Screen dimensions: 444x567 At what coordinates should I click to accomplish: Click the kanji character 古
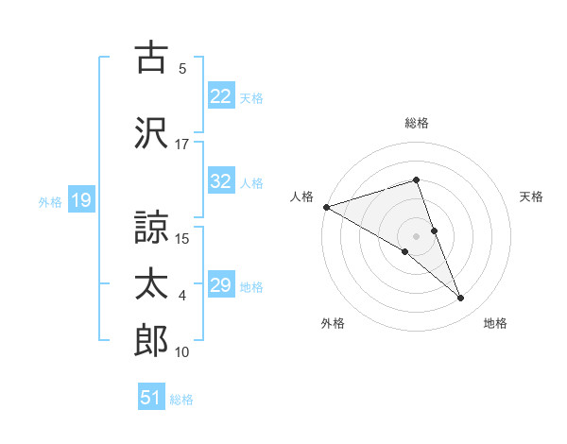[x=152, y=59]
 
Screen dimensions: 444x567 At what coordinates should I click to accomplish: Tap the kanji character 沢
[x=152, y=132]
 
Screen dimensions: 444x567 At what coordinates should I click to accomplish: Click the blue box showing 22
[x=220, y=96]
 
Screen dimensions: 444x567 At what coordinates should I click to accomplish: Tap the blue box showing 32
[x=220, y=182]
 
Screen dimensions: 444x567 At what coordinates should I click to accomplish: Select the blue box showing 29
[x=220, y=286]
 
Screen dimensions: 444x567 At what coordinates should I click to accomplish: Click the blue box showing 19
[x=80, y=200]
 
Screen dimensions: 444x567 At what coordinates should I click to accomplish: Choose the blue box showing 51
[x=151, y=399]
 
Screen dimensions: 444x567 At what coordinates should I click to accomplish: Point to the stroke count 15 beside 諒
[x=183, y=238]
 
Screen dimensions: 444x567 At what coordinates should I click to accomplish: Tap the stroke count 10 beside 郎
[x=182, y=352]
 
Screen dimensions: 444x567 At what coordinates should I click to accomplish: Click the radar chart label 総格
[x=417, y=123]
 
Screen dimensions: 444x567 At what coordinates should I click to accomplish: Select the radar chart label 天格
[x=532, y=196]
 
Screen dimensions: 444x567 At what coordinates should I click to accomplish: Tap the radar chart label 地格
[x=495, y=323]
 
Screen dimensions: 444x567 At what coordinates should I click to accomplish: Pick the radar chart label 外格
[x=333, y=323]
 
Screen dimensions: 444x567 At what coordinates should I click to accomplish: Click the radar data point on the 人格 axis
[x=326, y=207]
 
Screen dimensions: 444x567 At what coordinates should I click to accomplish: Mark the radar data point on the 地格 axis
[x=461, y=299]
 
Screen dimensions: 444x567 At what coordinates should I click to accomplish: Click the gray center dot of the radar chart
[x=416, y=235]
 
